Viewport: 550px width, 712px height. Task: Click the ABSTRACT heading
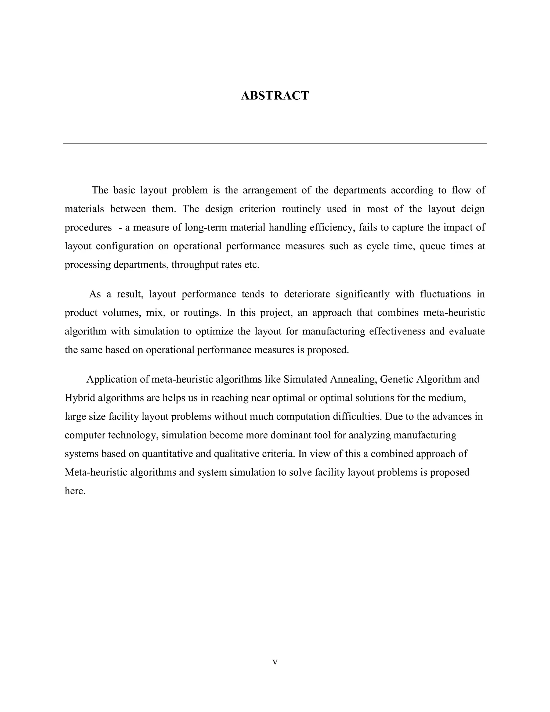click(275, 96)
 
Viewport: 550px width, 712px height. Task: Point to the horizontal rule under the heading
click(275, 143)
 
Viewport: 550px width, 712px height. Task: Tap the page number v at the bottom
click(275, 662)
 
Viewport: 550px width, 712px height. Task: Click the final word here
click(75, 491)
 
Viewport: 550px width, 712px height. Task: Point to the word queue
click(432, 246)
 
